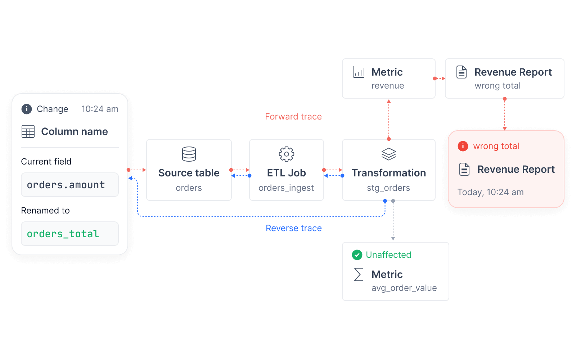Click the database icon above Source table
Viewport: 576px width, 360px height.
189,154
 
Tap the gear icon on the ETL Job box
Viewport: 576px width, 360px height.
287,154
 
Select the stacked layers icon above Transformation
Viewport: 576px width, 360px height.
388,154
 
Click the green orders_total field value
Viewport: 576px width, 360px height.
63,234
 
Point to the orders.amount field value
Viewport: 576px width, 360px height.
66,185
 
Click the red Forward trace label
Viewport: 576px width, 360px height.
293,117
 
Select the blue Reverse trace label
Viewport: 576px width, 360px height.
294,228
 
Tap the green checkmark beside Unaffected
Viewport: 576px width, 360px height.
357,255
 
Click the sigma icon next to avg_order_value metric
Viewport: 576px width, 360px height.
359,274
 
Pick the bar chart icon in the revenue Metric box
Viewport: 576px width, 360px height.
359,72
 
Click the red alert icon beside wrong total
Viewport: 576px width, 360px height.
463,146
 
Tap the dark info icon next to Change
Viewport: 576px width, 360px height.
27,109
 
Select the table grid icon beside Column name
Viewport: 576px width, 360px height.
28,131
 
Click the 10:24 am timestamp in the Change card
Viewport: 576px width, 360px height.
100,109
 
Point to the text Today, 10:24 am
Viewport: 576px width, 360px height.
490,192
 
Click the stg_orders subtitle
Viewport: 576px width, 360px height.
388,188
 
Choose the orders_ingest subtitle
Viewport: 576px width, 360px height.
286,188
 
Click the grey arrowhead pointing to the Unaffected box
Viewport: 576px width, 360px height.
393,239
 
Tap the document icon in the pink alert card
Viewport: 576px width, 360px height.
464,169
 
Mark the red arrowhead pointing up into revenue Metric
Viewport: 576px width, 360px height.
389,101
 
